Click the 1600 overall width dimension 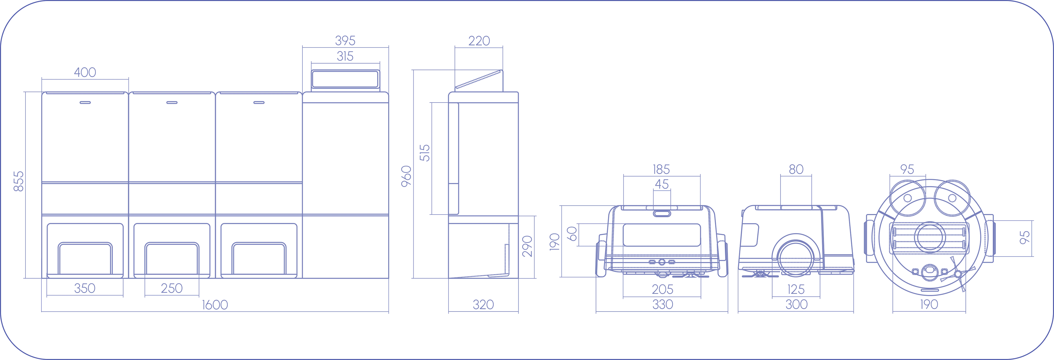[215, 305]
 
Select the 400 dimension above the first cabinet [85, 72]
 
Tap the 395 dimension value [345, 41]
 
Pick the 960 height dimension [406, 176]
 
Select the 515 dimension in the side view [425, 153]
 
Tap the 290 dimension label [527, 246]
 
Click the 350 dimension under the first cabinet [85, 288]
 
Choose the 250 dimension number [172, 288]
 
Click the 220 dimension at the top [479, 41]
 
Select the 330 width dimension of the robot [662, 304]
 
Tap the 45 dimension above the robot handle [661, 184]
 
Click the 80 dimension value [796, 169]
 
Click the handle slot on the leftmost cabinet [85, 103]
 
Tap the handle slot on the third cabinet [259, 103]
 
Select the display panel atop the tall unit [345, 79]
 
